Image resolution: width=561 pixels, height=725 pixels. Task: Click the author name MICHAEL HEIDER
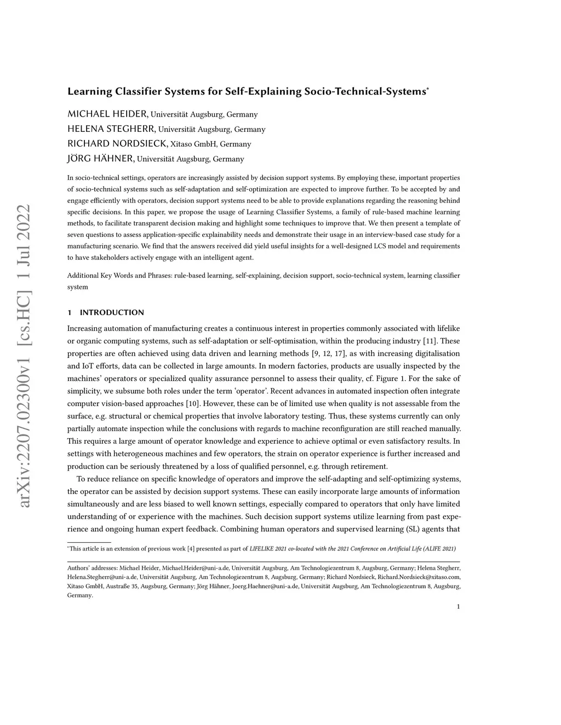coord(107,114)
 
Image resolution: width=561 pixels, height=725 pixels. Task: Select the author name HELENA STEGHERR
coord(111,129)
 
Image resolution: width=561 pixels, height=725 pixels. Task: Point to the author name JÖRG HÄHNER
coord(100,159)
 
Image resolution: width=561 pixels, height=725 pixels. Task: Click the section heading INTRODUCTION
coord(112,312)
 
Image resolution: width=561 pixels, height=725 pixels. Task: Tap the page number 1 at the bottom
coord(458,606)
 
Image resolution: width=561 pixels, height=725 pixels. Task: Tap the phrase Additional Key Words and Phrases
coord(119,276)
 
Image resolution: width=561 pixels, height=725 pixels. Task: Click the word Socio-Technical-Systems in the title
coord(365,91)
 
